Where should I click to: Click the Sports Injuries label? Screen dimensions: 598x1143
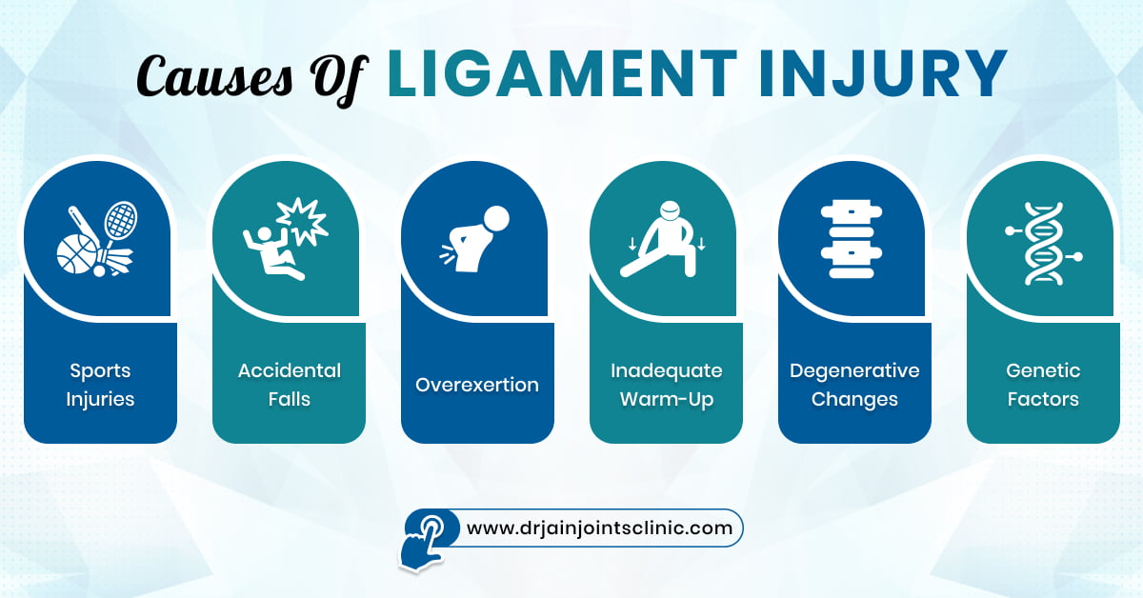pyautogui.click(x=99, y=385)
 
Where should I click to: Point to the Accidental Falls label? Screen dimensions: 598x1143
pyautogui.click(x=289, y=385)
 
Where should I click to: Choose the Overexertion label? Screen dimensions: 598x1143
pyautogui.click(x=477, y=386)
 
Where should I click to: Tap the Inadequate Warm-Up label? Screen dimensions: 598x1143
pyautogui.click(x=666, y=385)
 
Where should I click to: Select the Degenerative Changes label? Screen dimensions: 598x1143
pyautogui.click(x=854, y=385)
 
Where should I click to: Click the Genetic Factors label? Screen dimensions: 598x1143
pyautogui.click(x=1043, y=385)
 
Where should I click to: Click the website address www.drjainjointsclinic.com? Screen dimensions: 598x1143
pyautogui.click(x=599, y=527)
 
